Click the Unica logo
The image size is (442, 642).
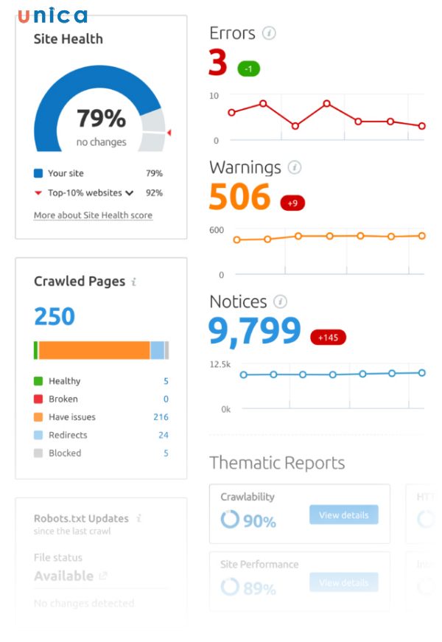[x=52, y=15]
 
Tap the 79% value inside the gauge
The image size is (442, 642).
[x=101, y=118]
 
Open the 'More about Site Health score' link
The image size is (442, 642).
[x=93, y=215]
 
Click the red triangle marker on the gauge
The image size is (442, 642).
[x=169, y=133]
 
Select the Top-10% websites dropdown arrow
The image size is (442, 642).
[x=130, y=193]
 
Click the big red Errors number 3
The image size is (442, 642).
[x=217, y=63]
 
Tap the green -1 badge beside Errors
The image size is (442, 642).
[x=248, y=69]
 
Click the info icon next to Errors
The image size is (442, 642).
[x=269, y=33]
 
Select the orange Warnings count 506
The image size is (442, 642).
[x=239, y=198]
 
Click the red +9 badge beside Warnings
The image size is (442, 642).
[x=292, y=203]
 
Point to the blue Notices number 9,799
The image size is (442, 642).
[x=255, y=332]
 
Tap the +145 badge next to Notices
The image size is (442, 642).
[x=327, y=338]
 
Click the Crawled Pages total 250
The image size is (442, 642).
[x=55, y=316]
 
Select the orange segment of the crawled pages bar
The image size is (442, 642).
[x=94, y=350]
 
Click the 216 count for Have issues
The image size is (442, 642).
[x=161, y=417]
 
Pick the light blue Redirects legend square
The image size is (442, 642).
[x=38, y=435]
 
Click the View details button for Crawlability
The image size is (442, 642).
[x=343, y=514]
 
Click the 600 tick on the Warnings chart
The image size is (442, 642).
[x=216, y=230]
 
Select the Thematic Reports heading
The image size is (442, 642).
[x=277, y=463]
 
